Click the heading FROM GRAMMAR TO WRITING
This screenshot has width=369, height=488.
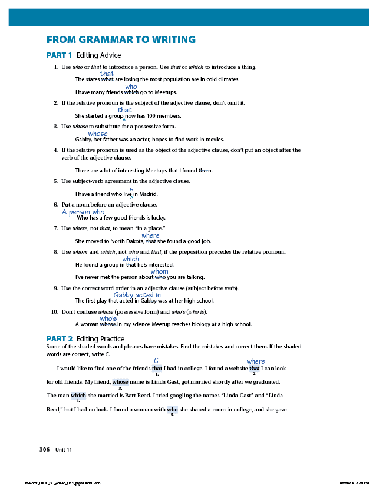click(x=121, y=40)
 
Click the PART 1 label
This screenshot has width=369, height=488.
click(x=59, y=55)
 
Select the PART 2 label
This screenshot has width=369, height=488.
click(x=59, y=338)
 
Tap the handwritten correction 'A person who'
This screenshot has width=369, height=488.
click(x=83, y=212)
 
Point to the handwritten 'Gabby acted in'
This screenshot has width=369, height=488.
click(x=137, y=295)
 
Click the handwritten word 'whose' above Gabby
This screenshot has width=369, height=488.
click(x=98, y=134)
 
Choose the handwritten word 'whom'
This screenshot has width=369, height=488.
click(x=160, y=271)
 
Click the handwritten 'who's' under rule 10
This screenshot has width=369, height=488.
click(x=108, y=318)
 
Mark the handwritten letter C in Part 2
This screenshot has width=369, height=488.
click(x=156, y=360)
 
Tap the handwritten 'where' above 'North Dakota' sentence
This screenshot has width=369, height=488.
click(x=150, y=235)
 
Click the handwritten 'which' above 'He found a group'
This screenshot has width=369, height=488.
click(x=130, y=259)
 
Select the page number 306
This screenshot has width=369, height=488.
click(x=44, y=449)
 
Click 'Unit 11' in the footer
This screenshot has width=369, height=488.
click(x=64, y=450)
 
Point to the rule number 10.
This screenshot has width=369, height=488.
click(x=54, y=311)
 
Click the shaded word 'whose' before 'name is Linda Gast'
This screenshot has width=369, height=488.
click(x=120, y=381)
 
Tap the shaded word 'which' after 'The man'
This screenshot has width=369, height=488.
click(x=78, y=395)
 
